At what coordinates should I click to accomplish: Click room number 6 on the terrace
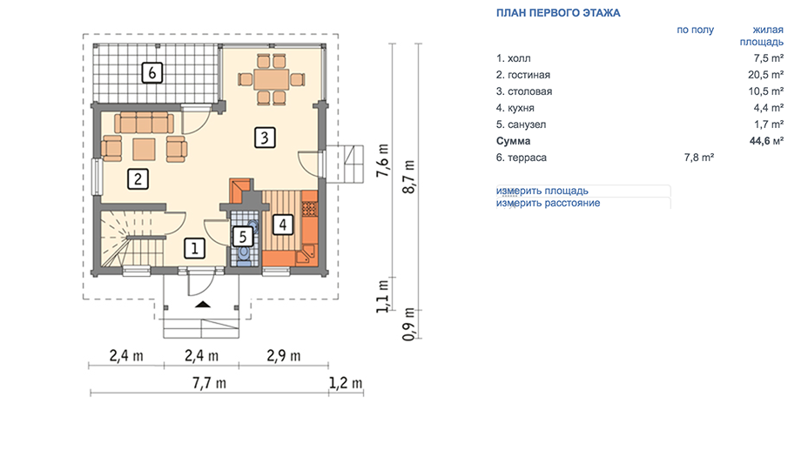pyautogui.click(x=151, y=72)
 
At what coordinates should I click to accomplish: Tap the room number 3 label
pyautogui.click(x=265, y=138)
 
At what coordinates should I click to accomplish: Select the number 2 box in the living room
pyautogui.click(x=138, y=179)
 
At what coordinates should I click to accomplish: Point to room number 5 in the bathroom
pyautogui.click(x=243, y=237)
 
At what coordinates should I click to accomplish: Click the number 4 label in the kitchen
pyautogui.click(x=282, y=225)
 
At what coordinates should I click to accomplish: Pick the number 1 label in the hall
pyautogui.click(x=195, y=249)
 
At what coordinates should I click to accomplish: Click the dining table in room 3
pyautogui.click(x=272, y=79)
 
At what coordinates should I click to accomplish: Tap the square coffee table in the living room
pyautogui.click(x=144, y=150)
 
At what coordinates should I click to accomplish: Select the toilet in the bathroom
pyautogui.click(x=244, y=255)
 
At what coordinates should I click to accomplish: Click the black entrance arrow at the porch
pyautogui.click(x=203, y=305)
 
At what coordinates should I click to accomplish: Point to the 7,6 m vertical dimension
pyautogui.click(x=382, y=160)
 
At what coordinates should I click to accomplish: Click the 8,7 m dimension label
pyautogui.click(x=409, y=177)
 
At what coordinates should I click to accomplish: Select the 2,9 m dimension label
pyautogui.click(x=284, y=355)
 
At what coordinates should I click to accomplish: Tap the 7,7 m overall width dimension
pyautogui.click(x=209, y=382)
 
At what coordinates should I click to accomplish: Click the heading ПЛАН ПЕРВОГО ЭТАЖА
pyautogui.click(x=558, y=13)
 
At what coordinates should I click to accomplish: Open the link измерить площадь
pyautogui.click(x=542, y=191)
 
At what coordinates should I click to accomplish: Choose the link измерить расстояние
pyautogui.click(x=549, y=203)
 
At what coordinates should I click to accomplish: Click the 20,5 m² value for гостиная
pyautogui.click(x=766, y=75)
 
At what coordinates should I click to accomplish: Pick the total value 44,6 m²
pyautogui.click(x=766, y=141)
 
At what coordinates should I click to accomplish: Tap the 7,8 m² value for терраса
pyautogui.click(x=699, y=158)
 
